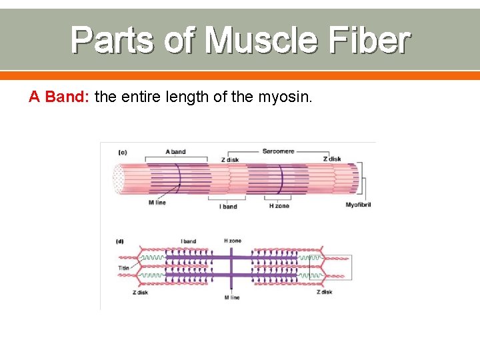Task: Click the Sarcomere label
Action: pyautogui.click(x=278, y=151)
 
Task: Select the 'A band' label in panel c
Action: pyautogui.click(x=175, y=151)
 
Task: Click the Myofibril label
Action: pyautogui.click(x=358, y=205)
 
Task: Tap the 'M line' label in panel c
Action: pyautogui.click(x=156, y=203)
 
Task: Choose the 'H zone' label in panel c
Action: pyautogui.click(x=279, y=206)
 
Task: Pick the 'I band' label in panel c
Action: pyautogui.click(x=228, y=206)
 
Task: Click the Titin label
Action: pyautogui.click(x=124, y=268)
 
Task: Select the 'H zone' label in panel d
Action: pyautogui.click(x=233, y=240)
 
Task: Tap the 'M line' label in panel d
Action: pyautogui.click(x=232, y=297)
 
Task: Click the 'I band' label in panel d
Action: pyautogui.click(x=189, y=241)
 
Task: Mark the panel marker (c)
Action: pyautogui.click(x=122, y=152)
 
